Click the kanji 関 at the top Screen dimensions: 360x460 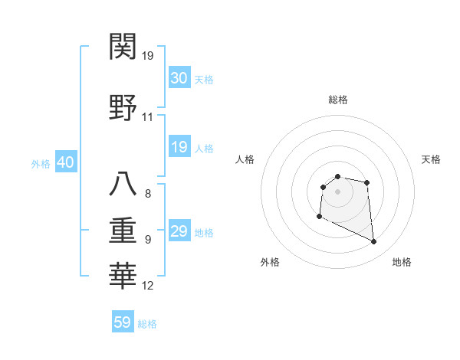point(123,48)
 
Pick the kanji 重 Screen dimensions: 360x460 point(123,230)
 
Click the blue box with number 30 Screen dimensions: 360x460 point(179,78)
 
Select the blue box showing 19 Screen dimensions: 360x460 point(179,147)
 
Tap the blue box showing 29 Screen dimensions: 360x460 point(179,231)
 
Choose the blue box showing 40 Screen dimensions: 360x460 point(65,162)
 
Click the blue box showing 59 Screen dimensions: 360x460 point(123,322)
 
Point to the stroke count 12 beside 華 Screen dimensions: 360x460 point(148,286)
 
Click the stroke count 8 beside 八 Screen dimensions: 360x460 point(148,194)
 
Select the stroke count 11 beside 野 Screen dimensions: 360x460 point(148,118)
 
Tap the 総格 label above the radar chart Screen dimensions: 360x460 point(337,100)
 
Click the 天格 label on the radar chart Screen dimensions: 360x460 point(431,159)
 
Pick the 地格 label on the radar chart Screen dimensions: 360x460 point(402,262)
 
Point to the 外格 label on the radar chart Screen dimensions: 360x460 point(270,262)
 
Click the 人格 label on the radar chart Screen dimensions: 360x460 point(245,159)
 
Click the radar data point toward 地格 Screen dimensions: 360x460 point(374,242)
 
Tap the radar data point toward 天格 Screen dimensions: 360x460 point(367,182)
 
